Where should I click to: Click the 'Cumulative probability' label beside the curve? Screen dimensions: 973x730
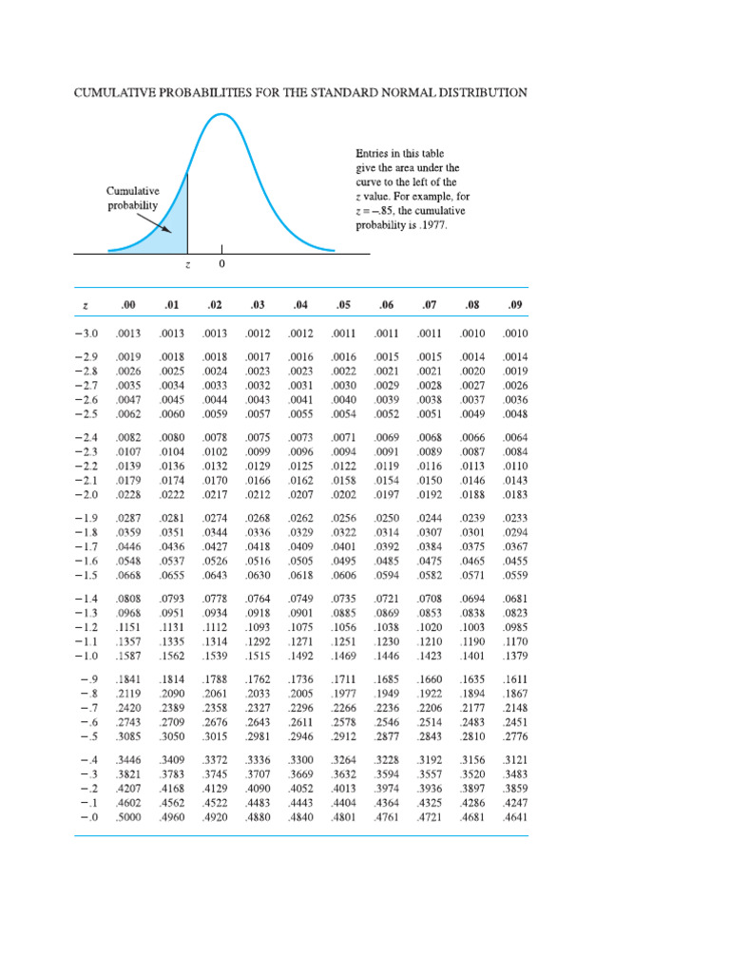click(x=131, y=198)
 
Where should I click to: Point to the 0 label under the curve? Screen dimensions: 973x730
click(x=221, y=265)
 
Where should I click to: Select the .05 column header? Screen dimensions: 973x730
click(x=343, y=305)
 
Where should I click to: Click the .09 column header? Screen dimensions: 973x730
click(x=515, y=305)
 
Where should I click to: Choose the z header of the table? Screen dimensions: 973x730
click(x=86, y=305)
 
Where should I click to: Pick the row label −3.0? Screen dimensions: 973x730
click(x=86, y=334)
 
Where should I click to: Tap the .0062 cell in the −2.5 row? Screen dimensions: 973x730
click(x=127, y=414)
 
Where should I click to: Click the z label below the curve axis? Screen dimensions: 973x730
click(x=187, y=265)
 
